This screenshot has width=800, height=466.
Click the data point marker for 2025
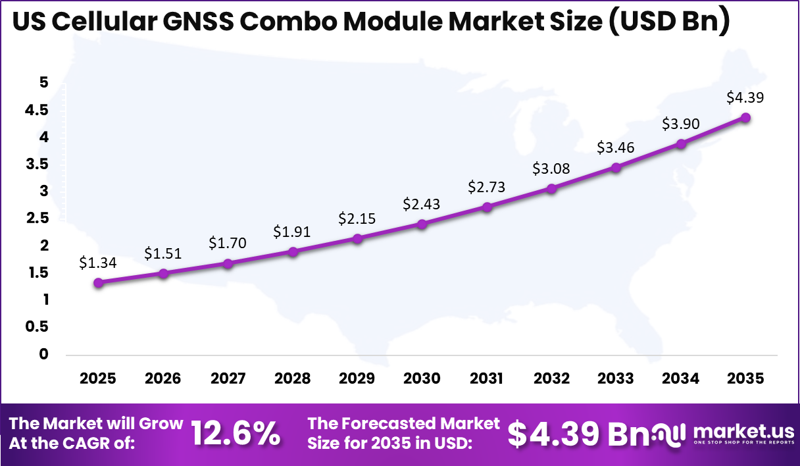98,283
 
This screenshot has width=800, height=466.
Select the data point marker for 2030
422,224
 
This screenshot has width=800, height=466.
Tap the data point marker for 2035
745,118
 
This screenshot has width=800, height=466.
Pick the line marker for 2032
551,189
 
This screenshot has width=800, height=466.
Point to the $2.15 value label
357,219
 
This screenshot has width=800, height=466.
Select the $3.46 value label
616,147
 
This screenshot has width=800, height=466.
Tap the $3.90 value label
680,124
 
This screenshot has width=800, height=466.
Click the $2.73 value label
486,187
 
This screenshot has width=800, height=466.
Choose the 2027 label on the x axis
228,378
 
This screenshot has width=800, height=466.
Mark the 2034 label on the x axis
680,378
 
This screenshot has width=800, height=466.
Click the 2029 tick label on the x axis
357,378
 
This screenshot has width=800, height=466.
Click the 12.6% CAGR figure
236,434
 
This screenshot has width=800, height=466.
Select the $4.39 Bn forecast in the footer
572,433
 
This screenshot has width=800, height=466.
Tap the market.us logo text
743,432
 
